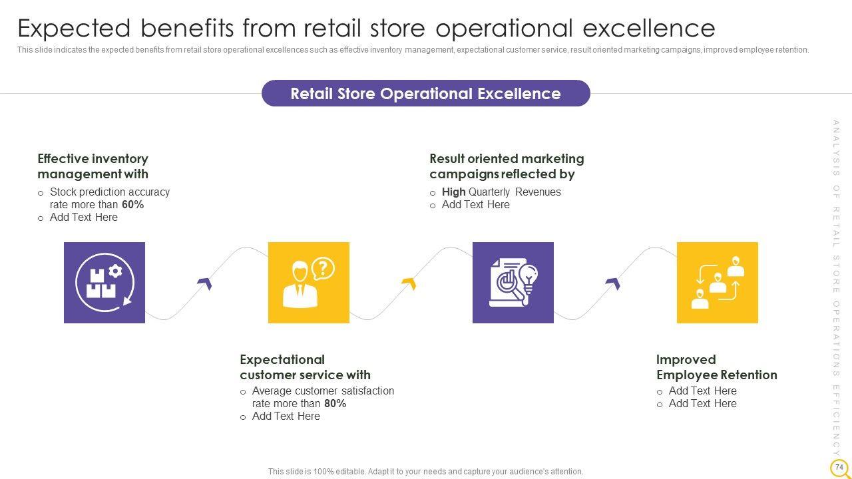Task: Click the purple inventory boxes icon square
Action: pos(105,283)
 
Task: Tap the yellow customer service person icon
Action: pos(308,283)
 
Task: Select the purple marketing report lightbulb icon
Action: pos(513,283)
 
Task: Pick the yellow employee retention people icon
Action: pos(717,283)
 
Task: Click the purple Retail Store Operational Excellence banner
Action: pos(425,93)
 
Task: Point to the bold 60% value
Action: pos(132,204)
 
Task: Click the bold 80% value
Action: pos(335,403)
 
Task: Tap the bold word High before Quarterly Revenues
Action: pos(454,192)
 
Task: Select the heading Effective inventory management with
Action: pos(93,166)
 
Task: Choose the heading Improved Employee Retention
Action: pos(717,367)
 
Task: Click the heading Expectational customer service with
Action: pos(305,367)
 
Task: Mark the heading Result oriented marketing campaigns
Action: pos(507,166)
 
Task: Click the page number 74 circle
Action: pos(839,467)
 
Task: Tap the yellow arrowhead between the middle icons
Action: pos(409,283)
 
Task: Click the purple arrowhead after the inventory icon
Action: pos(206,283)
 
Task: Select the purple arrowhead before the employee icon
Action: pos(614,283)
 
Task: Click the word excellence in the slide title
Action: pos(649,28)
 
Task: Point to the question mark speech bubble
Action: pos(323,268)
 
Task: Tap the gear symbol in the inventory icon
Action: pos(115,271)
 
